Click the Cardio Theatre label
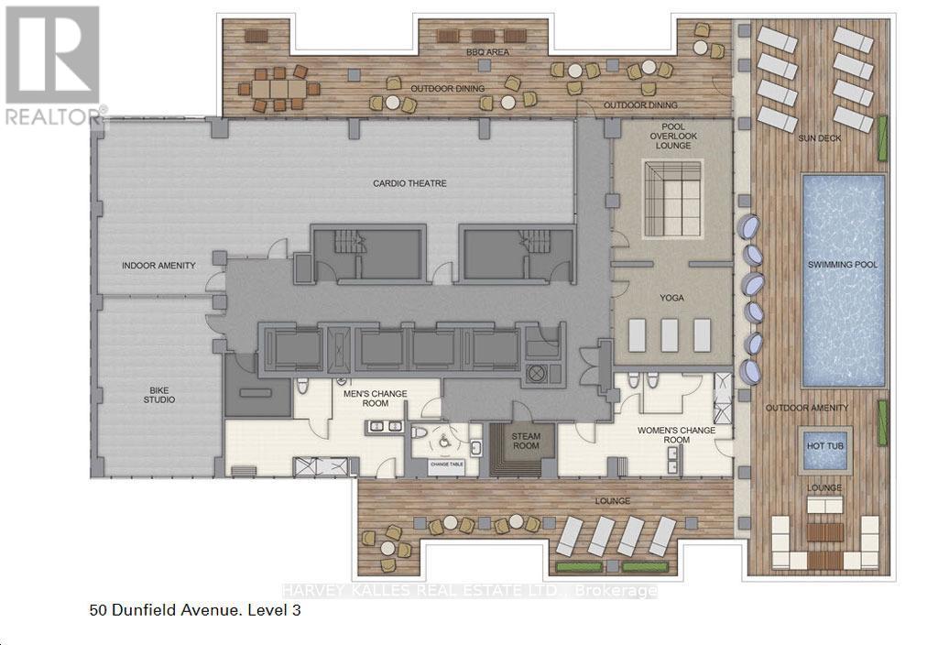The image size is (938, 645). [x=409, y=183]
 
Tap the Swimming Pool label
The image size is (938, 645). [x=843, y=265]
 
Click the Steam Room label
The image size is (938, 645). [x=526, y=441]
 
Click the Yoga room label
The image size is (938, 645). [x=672, y=298]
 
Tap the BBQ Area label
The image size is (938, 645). [x=486, y=52]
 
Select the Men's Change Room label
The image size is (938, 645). [x=375, y=399]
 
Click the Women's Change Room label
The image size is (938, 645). [x=678, y=434]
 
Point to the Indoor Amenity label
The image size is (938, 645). [x=158, y=266]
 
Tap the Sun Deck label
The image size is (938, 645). [x=818, y=137]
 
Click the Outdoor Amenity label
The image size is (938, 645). [x=807, y=408]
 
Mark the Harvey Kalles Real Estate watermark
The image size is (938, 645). [x=468, y=591]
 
